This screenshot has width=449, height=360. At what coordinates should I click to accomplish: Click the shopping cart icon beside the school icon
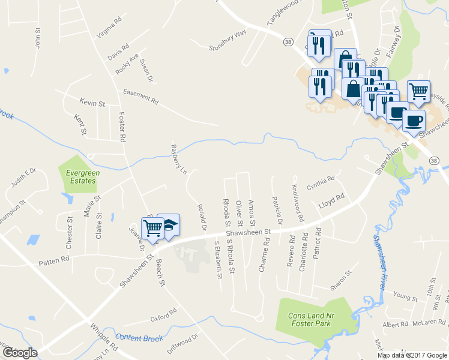153,227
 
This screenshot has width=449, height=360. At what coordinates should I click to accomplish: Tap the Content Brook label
139,338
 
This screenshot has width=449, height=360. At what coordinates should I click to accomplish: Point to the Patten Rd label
54,258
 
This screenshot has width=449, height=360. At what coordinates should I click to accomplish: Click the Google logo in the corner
19,353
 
